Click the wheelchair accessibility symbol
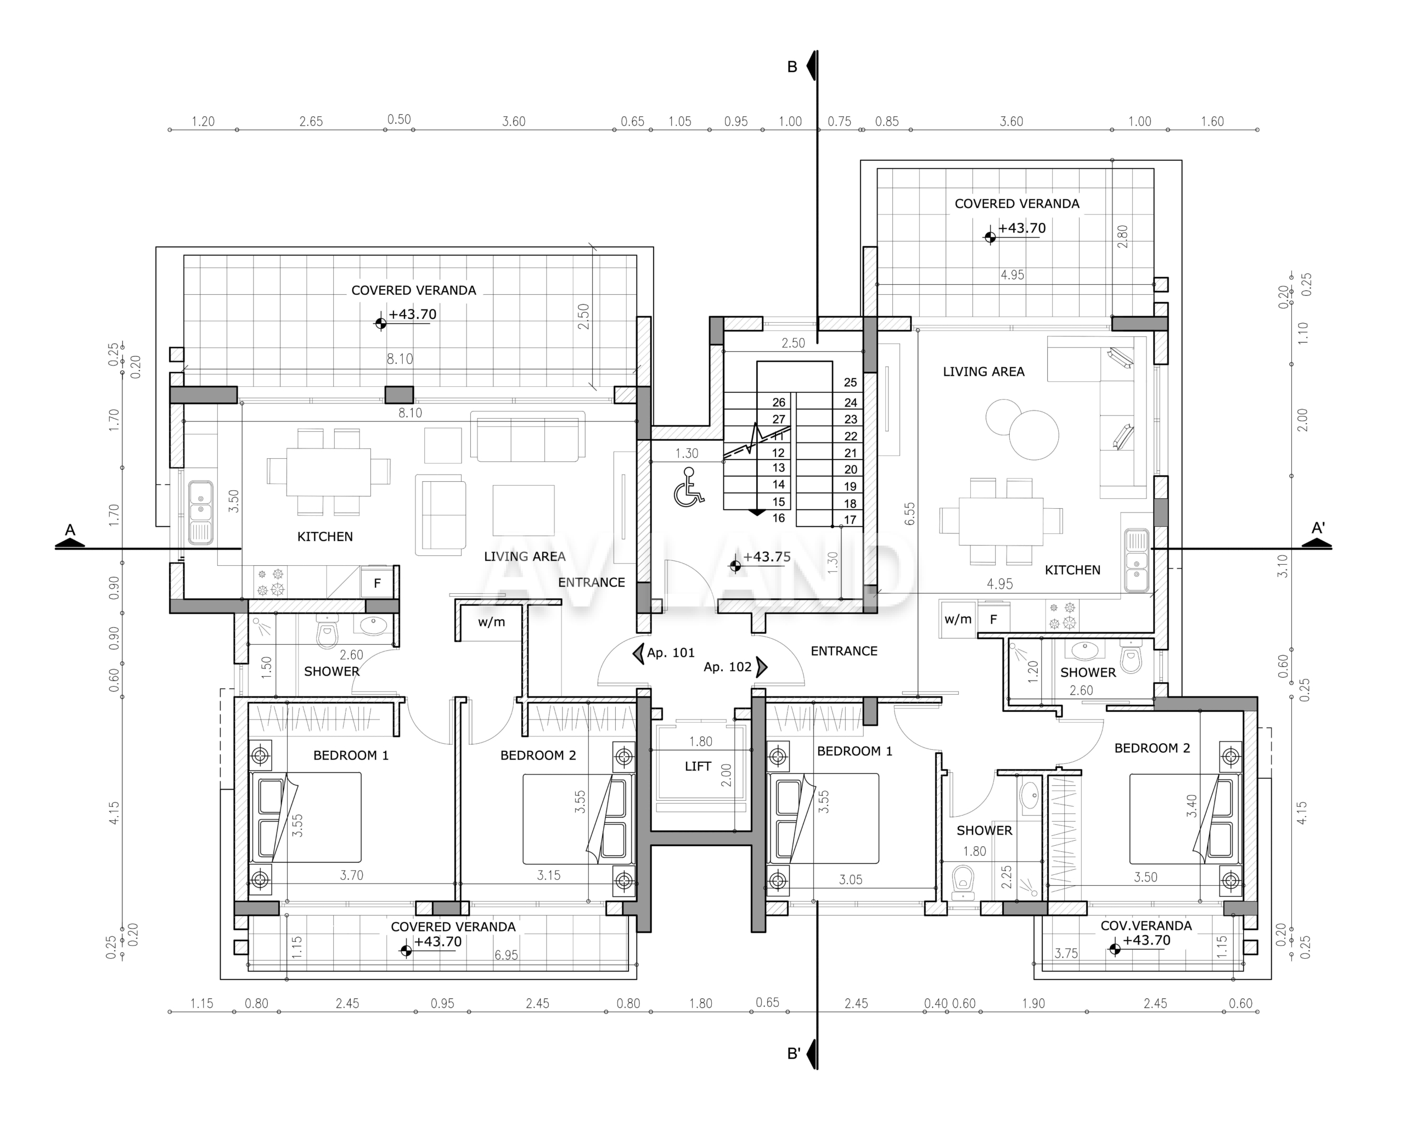[x=689, y=487]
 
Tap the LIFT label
[x=698, y=766]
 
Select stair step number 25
[x=850, y=383]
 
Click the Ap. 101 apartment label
[x=670, y=653]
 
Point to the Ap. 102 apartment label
[x=728, y=667]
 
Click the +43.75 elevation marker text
[x=767, y=557]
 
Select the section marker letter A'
[x=1318, y=528]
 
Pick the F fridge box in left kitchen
[x=377, y=583]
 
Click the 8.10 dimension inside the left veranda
[x=400, y=359]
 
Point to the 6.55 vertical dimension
[x=909, y=514]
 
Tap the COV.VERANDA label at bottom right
[x=1146, y=925]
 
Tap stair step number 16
[x=779, y=518]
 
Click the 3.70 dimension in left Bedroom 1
[x=352, y=875]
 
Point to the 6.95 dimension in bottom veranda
[x=506, y=955]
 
